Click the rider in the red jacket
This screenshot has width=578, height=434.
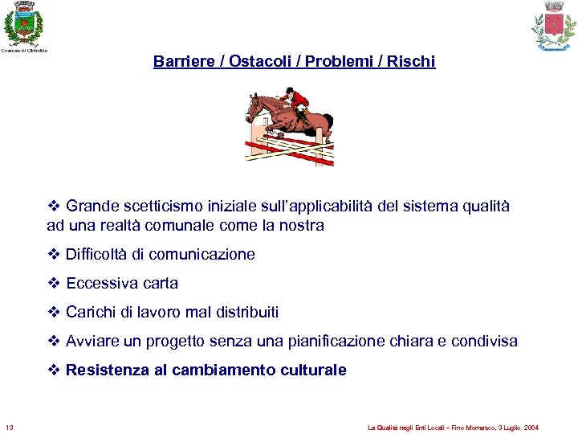pyautogui.click(x=299, y=102)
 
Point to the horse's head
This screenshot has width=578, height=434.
pyautogui.click(x=254, y=104)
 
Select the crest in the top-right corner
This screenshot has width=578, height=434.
pyautogui.click(x=554, y=26)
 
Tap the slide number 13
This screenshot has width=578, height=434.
pyautogui.click(x=9, y=426)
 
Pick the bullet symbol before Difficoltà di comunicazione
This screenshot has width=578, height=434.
pyautogui.click(x=54, y=255)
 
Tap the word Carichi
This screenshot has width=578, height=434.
pyautogui.click(x=91, y=313)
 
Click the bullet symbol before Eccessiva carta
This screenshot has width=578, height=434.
pyautogui.click(x=54, y=284)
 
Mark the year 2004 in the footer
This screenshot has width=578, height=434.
pyautogui.click(x=531, y=427)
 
